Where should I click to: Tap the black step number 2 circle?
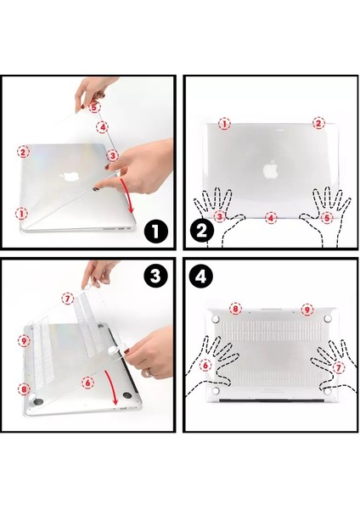(201, 229)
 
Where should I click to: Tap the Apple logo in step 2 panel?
(270, 169)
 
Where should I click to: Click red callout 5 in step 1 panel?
(94, 108)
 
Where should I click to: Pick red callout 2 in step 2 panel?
(318, 123)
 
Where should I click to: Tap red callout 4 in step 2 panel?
(271, 218)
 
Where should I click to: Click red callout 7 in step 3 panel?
(69, 299)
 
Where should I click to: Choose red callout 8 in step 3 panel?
(24, 389)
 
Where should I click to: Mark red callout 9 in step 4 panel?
(307, 310)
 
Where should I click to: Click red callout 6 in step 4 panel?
(205, 366)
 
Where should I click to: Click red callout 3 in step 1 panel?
(112, 155)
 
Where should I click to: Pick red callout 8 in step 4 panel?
(235, 310)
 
